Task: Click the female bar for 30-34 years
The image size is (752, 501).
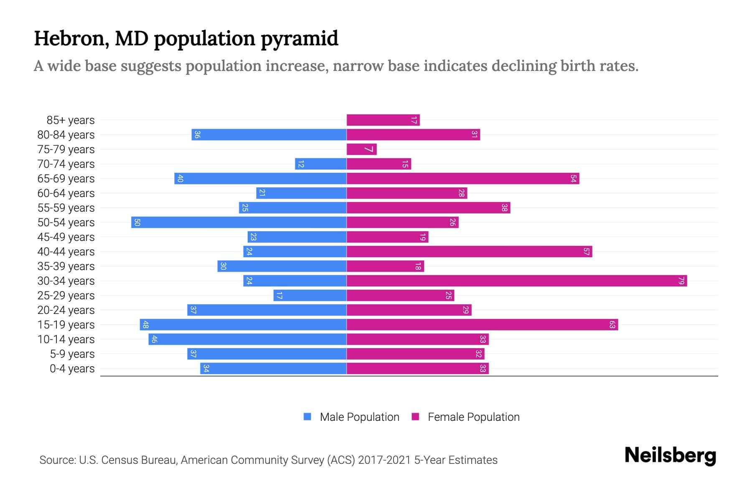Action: point(516,281)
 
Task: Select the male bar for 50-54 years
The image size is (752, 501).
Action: point(239,222)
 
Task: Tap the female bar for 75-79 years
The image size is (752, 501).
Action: point(361,149)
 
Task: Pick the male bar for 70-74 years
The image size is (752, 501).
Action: point(320,164)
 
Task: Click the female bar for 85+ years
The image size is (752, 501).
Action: point(383,120)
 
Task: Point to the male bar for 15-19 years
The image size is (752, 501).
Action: point(243,324)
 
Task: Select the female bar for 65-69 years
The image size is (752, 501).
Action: point(462,178)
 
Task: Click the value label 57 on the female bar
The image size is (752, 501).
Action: point(586,251)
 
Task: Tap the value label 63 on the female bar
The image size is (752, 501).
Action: point(612,324)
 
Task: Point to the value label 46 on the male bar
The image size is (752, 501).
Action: point(154,339)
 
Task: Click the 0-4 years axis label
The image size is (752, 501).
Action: point(72,369)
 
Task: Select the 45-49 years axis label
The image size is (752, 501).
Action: point(66,237)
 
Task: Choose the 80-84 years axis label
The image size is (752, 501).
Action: point(66,135)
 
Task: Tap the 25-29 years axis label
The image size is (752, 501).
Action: point(66,296)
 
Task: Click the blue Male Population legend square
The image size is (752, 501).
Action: point(307,417)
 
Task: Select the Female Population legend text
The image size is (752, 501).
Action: point(473,417)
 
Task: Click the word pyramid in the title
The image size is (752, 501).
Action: point(299,39)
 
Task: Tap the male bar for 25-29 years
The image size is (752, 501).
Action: point(310,295)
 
